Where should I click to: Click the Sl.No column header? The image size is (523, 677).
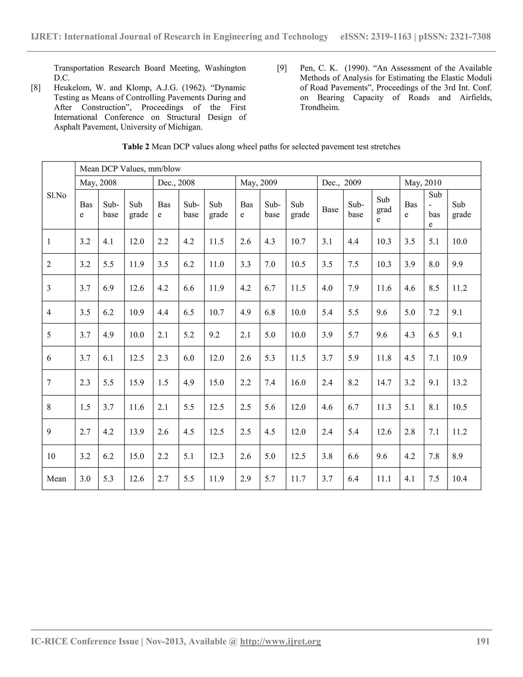pyautogui.click(x=56, y=196)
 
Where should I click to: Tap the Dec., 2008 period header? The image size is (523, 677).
pyautogui.click(x=176, y=183)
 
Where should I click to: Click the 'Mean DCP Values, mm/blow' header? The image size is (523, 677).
pyautogui.click(x=130, y=169)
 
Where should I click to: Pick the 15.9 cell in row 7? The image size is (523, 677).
pyautogui.click(x=137, y=382)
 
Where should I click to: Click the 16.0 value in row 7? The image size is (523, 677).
pyautogui.click(x=298, y=382)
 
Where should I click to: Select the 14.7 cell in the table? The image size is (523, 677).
pyautogui.click(x=384, y=382)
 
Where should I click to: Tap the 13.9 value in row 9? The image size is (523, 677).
pyautogui.click(x=137, y=431)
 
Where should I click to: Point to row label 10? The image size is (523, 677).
pyautogui.click(x=51, y=456)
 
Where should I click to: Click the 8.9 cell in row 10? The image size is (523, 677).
pyautogui.click(x=457, y=456)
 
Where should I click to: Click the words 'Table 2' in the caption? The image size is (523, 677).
pyautogui.click(x=136, y=147)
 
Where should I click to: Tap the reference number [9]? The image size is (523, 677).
pyautogui.click(x=282, y=68)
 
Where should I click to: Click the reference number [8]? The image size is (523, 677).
pyautogui.click(x=36, y=88)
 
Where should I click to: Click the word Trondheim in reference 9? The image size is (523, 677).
pyautogui.click(x=320, y=108)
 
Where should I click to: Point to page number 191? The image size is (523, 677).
pyautogui.click(x=483, y=641)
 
